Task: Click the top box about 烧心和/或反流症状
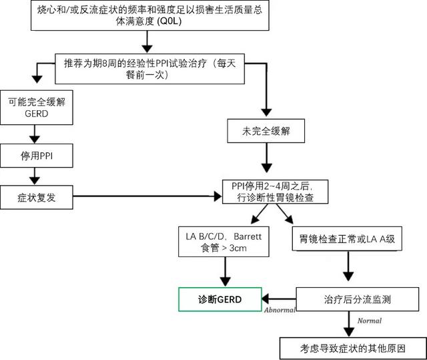click(150, 17)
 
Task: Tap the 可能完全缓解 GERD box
click(34, 108)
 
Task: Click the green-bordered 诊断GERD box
click(220, 300)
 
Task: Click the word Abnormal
click(280, 311)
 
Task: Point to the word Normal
click(370, 321)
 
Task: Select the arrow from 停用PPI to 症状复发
click(34, 176)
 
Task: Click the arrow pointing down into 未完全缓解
click(266, 100)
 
